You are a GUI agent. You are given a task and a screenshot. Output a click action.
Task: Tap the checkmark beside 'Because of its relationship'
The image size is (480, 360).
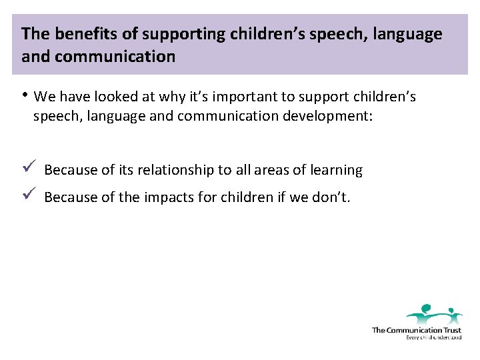click(27, 169)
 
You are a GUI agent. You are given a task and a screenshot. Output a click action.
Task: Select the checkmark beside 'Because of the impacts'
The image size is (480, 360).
click(27, 195)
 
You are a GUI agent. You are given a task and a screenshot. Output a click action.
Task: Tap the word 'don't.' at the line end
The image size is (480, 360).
click(331, 197)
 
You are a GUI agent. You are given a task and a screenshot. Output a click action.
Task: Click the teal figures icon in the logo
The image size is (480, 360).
click(434, 313)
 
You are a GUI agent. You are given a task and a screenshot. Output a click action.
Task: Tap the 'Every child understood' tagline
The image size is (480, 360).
click(433, 337)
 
